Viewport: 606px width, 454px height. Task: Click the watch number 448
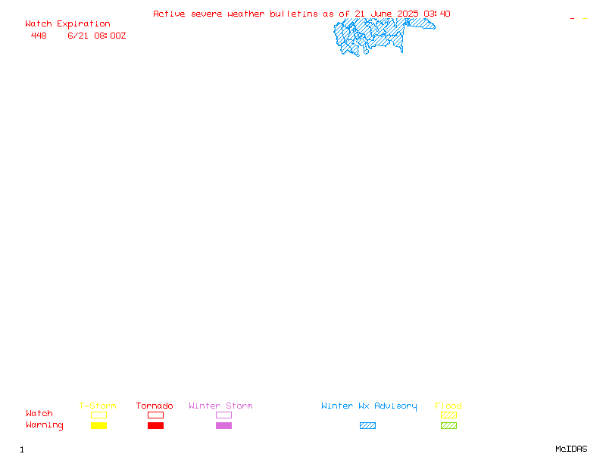tap(39, 36)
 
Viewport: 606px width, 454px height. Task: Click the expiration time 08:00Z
tap(110, 36)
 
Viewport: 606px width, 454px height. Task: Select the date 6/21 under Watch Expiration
tap(78, 36)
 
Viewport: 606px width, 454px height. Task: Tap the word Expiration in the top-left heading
tap(83, 24)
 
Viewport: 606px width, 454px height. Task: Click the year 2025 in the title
tap(408, 14)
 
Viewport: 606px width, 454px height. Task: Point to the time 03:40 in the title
tap(437, 14)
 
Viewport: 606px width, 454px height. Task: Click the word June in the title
tap(382, 14)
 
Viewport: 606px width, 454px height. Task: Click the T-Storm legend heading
tap(98, 406)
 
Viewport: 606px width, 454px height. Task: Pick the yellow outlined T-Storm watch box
tap(99, 415)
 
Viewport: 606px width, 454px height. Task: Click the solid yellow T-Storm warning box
tap(99, 426)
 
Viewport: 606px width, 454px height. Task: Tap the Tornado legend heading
tap(155, 406)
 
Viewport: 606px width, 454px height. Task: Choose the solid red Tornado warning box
tap(156, 426)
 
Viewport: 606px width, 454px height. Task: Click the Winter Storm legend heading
tap(220, 406)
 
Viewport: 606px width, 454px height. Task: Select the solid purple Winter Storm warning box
tap(223, 426)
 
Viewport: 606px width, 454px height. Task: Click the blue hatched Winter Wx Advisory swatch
tap(367, 426)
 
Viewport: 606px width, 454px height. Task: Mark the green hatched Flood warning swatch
tap(448, 426)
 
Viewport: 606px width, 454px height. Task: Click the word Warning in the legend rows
tap(45, 425)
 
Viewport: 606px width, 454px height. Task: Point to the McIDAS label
tap(571, 449)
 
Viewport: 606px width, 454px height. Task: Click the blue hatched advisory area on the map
tap(371, 36)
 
